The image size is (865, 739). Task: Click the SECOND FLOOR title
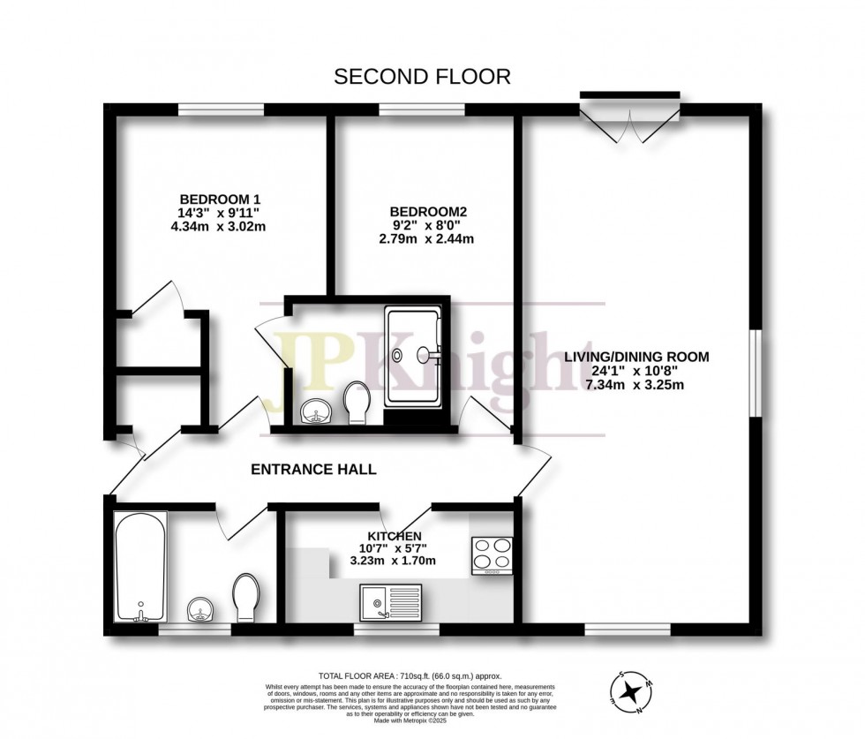tap(421, 77)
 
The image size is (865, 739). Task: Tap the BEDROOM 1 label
tap(220, 199)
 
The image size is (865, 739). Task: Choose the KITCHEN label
tap(394, 536)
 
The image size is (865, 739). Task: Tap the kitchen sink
tap(391, 602)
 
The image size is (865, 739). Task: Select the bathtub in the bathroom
tap(139, 565)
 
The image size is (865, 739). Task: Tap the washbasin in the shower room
tap(314, 411)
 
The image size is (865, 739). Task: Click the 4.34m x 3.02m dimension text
tap(220, 227)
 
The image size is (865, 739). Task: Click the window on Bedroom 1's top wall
tap(220, 109)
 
